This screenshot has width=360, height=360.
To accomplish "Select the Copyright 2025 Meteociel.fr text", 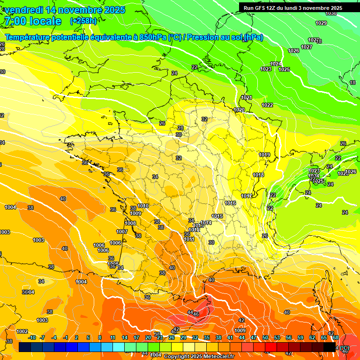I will [199, 356].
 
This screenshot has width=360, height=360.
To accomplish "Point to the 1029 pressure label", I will [321, 23].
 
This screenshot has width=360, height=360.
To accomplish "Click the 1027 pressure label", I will [307, 47].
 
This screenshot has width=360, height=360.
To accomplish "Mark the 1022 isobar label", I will [267, 105].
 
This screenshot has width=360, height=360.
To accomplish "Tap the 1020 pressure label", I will [239, 110].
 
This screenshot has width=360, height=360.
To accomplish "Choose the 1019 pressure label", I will [264, 155].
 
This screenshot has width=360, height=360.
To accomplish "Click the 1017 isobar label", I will [247, 196].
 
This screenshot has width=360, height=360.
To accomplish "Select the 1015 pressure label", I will [217, 216].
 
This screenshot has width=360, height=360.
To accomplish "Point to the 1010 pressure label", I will [143, 206].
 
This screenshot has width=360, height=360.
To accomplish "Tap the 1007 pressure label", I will [122, 232].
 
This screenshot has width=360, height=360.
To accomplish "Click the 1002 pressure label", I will [22, 331].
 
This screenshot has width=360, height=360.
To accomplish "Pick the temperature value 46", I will [196, 314].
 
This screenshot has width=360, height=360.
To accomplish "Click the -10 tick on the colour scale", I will [32, 337].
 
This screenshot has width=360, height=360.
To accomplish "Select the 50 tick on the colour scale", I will [265, 337].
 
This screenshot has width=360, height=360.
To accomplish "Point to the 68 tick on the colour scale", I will [335, 337].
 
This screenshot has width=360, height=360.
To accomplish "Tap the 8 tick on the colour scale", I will [100, 337].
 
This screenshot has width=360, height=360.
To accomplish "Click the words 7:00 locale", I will [32, 21].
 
